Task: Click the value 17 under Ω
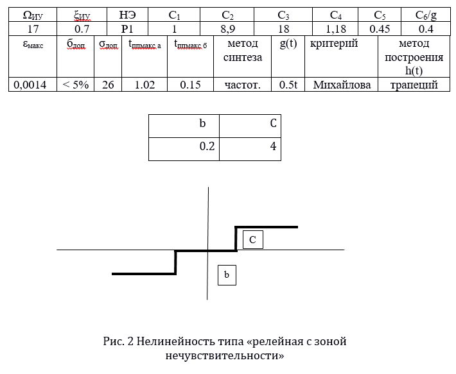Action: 33,29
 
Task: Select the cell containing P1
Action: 127,29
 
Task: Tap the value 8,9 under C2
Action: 228,29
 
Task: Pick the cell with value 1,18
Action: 336,29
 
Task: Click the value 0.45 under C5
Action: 380,29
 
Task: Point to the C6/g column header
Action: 426,15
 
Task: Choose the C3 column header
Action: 283,15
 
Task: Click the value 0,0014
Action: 30,85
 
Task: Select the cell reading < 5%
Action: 75,85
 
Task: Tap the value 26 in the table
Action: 108,85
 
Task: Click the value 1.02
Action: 145,85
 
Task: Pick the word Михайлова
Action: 342,85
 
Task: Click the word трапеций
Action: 414,85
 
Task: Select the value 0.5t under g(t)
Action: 288,85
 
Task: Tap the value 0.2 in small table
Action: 207,146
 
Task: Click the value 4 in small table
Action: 273,146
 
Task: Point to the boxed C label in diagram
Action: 253,239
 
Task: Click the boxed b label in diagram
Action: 227,275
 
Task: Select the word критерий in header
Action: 334,44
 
